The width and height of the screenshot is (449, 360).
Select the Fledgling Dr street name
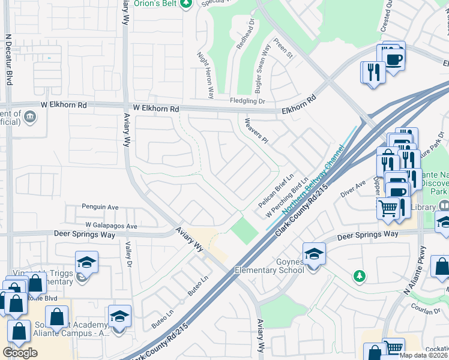248,101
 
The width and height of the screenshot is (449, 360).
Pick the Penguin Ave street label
100,207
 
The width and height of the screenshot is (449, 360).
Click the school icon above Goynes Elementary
314,253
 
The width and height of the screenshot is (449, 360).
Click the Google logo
20,353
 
